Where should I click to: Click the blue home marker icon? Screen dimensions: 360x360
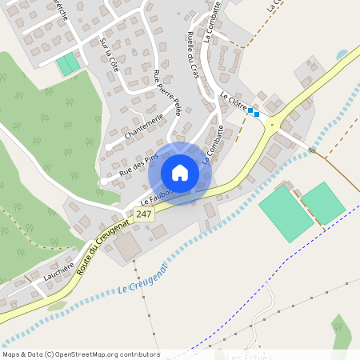(x=180, y=173)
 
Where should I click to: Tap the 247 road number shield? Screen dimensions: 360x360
(x=144, y=214)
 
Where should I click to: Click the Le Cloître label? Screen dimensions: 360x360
(x=233, y=102)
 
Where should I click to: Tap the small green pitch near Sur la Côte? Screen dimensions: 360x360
(x=68, y=64)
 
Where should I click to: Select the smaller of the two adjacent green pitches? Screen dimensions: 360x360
(x=322, y=202)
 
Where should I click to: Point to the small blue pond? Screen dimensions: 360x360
(x=342, y=54)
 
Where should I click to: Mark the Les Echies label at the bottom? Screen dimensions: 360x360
(x=250, y=357)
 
